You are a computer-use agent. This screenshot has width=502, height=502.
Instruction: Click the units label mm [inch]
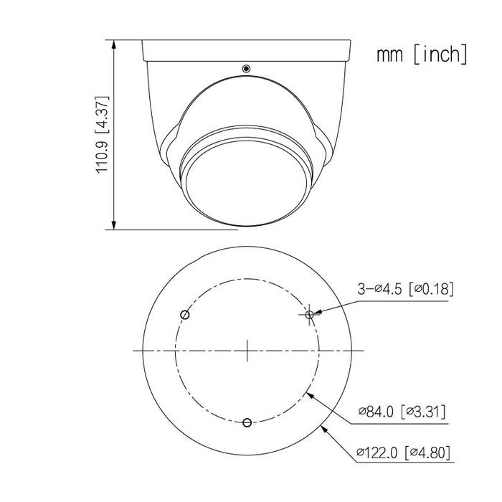tap(422, 55)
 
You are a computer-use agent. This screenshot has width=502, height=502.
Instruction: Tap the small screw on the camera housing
tap(246, 70)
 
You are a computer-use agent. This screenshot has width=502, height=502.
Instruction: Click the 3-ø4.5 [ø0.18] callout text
tap(405, 289)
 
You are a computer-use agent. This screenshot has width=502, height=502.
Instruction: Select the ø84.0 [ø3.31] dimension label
tap(402, 412)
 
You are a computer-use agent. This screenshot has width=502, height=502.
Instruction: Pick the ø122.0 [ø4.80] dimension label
tap(404, 453)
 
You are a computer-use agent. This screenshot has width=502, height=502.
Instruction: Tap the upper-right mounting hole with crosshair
tap(309, 314)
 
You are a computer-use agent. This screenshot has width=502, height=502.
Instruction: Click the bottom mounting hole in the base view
tap(247, 422)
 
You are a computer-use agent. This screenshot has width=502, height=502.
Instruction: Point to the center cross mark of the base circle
tap(247, 350)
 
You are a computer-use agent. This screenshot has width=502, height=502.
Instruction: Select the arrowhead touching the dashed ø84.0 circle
tap(308, 392)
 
